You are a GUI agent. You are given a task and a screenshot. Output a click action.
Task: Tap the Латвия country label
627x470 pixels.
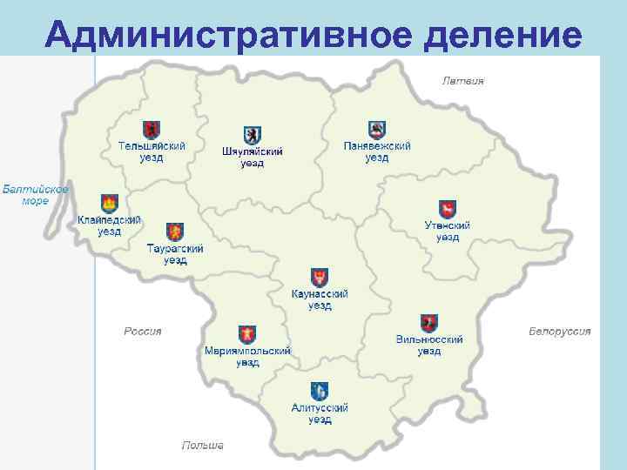462,81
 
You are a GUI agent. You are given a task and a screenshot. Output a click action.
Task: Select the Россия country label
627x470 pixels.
142,331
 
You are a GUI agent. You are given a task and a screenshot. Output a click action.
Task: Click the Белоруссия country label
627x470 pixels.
559,331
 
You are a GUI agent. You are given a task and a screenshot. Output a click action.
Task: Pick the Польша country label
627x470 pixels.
202,445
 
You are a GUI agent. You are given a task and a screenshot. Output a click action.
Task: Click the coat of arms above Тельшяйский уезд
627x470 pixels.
152,131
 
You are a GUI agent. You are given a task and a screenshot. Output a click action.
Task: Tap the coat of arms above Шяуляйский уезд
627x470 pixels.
252,135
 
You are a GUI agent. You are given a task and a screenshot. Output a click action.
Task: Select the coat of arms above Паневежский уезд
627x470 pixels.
376,130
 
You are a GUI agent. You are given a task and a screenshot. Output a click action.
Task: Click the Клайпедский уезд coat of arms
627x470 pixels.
109,204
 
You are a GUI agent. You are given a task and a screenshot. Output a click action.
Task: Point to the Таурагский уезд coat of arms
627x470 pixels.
174,232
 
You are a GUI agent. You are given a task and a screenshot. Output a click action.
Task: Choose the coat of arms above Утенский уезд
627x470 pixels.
447,209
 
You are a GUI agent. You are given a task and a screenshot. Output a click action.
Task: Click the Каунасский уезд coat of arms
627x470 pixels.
320,278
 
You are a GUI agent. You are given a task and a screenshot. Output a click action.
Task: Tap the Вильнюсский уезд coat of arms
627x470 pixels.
428,323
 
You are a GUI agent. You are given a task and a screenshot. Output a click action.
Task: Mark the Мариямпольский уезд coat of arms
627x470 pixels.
247,335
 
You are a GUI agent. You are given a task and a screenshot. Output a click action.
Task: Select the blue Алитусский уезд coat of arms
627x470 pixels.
320,391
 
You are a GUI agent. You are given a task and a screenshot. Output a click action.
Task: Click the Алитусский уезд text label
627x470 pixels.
320,413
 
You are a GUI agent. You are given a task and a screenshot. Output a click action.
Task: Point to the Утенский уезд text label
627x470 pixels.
447,232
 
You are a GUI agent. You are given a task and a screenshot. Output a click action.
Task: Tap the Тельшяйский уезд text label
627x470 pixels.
152,152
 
